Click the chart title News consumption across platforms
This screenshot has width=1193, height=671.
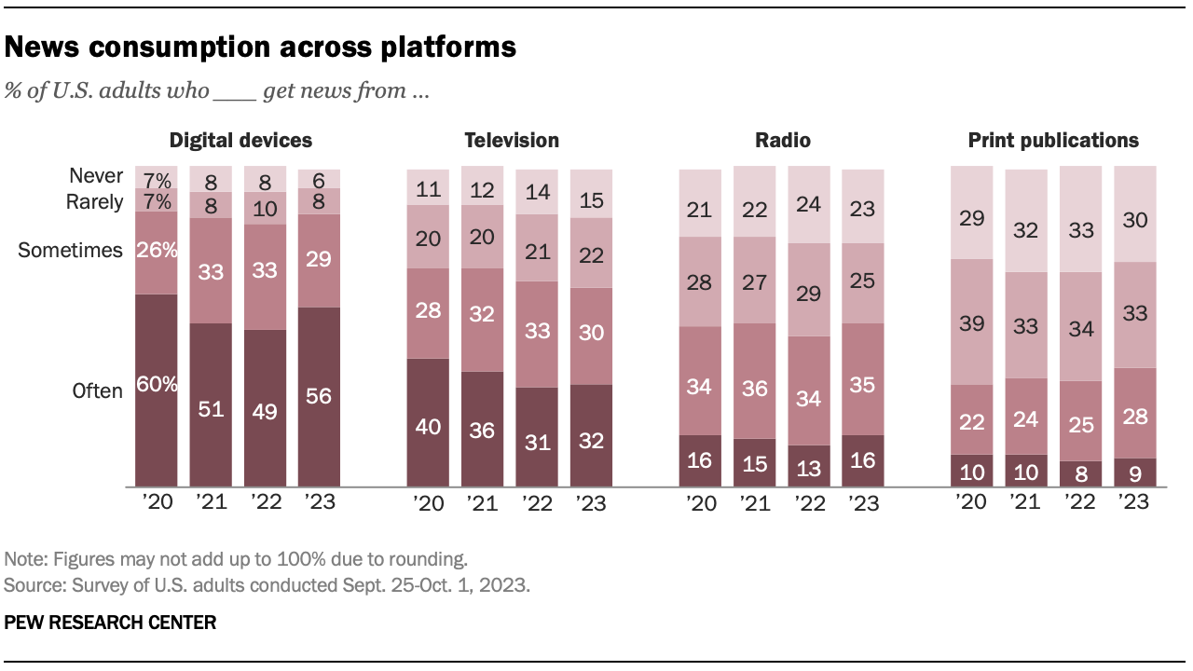261,47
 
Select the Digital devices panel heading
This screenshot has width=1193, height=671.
240,141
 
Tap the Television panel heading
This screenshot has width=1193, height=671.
512,141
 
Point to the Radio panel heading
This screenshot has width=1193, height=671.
783,141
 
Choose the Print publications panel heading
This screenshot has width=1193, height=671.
1053,141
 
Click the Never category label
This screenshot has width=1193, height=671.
96,175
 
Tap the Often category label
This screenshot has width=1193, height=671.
98,391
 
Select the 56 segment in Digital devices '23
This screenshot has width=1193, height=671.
319,396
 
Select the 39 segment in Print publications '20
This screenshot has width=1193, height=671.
971,322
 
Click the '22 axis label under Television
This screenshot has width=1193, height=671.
537,503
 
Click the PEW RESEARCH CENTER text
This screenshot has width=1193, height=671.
110,622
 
